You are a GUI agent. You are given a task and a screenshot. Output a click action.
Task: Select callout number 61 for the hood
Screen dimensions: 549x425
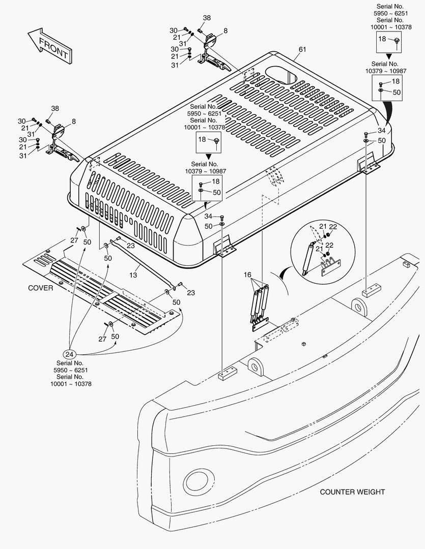pos(302,49)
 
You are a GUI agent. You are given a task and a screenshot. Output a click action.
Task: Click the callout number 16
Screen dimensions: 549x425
pos(247,274)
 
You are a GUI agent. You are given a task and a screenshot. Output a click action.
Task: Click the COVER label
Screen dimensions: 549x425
pos(41,288)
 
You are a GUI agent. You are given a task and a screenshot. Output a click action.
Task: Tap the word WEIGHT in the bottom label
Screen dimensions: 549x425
pos(371,492)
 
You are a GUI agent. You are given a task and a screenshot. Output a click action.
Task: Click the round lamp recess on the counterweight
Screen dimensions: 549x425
pos(196,479)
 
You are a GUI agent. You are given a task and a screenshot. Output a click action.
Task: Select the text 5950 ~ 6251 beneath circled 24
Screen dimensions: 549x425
pos(68,370)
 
